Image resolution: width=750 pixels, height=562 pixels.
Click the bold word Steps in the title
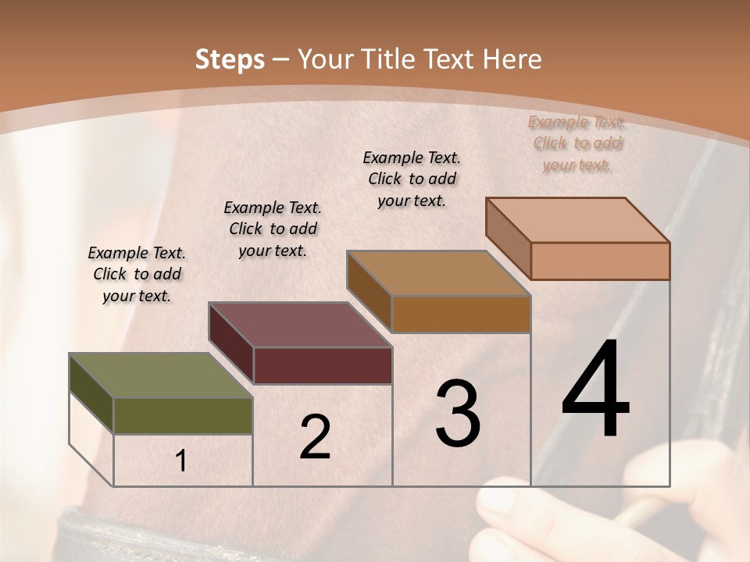pos(229,59)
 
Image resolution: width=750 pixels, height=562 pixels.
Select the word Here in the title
pos(512,59)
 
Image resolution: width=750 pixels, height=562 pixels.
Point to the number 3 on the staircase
pos(457,414)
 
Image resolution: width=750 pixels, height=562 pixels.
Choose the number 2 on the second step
pos(315,437)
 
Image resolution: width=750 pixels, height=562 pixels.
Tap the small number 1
pos(181,461)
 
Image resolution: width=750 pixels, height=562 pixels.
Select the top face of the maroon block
pos(300,325)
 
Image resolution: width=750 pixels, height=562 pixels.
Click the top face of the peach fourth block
pos(578,220)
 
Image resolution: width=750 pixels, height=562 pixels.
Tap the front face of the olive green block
pos(183,415)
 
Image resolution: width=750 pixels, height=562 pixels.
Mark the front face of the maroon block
pos(323,365)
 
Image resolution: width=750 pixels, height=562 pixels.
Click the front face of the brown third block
pos(461,314)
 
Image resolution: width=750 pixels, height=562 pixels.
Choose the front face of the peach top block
pos(600,261)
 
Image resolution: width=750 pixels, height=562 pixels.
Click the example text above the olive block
pos(137,274)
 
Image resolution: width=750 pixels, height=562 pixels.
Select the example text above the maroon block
pos(273,229)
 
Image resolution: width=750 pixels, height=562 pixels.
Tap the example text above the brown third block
pos(412,179)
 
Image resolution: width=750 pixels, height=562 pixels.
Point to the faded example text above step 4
pos(577,143)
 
